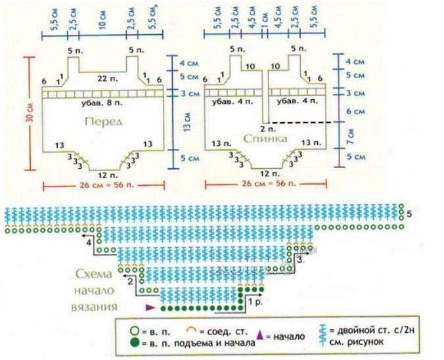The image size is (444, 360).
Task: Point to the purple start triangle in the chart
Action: (x=150, y=307)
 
